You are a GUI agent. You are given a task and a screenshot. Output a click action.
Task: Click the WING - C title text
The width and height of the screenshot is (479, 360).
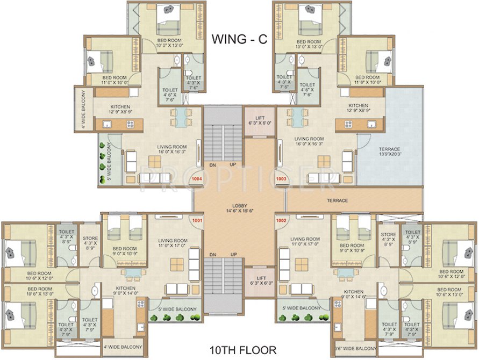coord(239,39)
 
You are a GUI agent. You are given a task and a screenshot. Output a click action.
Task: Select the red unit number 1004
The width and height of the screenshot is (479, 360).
coord(196,179)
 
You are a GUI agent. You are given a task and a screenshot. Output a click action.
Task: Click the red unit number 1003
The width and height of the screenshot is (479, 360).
coord(281,179)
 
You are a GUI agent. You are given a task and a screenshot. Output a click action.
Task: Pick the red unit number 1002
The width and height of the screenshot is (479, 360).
coord(281,220)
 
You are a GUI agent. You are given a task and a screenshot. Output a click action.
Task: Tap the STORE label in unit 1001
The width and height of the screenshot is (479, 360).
coord(90,242)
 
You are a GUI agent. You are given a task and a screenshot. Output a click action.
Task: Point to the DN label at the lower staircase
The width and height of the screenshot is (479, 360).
coord(212,254)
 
